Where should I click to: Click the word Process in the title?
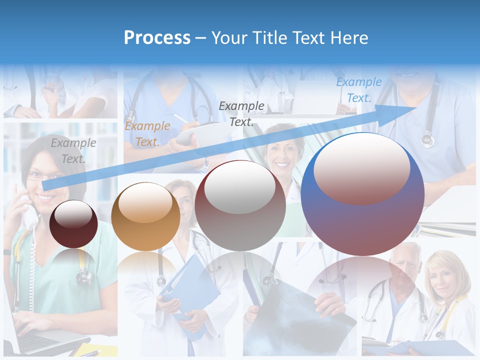click(x=157, y=38)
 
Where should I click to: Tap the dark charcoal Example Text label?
click(x=241, y=113)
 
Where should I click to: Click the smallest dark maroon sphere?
click(x=74, y=223)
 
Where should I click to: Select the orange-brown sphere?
click(x=145, y=216)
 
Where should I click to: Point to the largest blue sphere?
click(x=362, y=194)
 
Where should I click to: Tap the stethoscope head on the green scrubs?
click(x=84, y=275)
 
